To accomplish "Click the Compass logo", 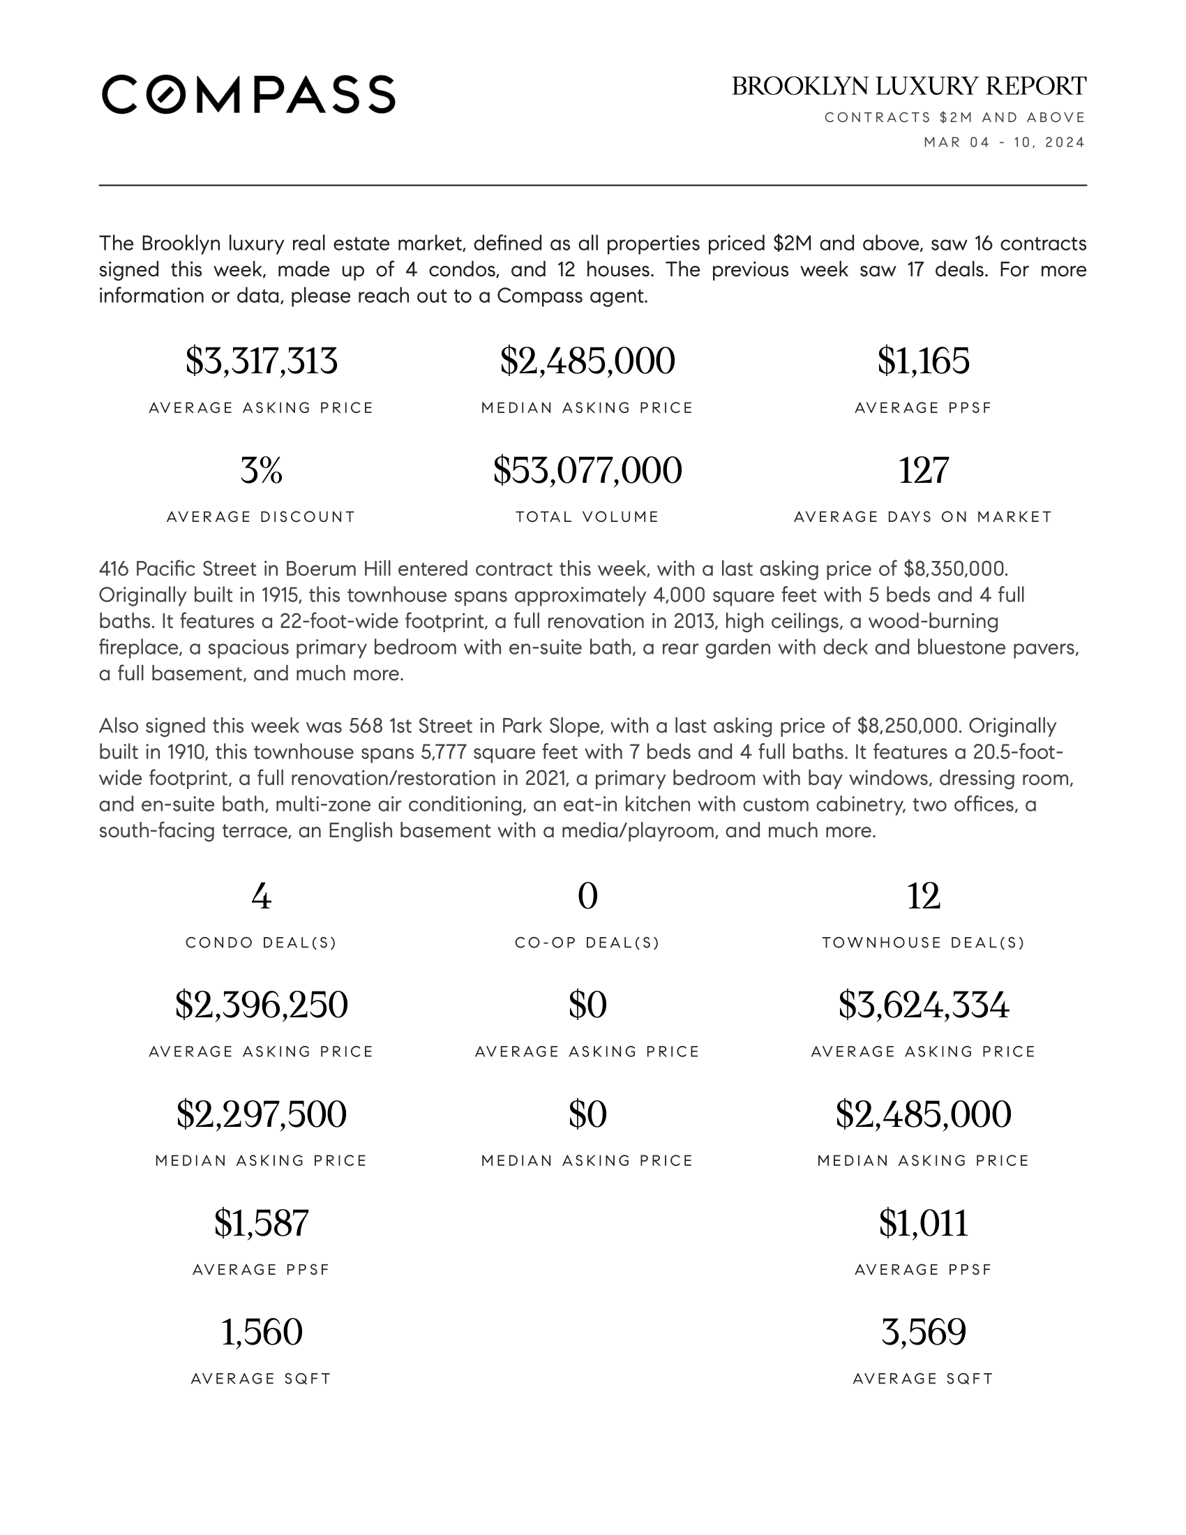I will click(x=248, y=94).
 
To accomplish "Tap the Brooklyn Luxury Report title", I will click(x=908, y=87).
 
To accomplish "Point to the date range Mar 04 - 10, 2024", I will click(x=1004, y=142).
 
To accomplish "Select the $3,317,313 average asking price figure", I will click(x=262, y=361).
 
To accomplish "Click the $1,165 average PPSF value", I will click(x=923, y=361).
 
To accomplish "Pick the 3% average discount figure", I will click(x=262, y=470).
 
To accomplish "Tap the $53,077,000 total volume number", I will click(x=587, y=470).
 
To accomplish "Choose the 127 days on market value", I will click(x=923, y=470).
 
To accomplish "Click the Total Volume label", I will click(x=587, y=517).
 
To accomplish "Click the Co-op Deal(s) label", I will click(x=587, y=943).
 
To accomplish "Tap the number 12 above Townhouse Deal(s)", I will click(x=923, y=897).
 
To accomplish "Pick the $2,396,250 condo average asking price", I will click(x=262, y=1005).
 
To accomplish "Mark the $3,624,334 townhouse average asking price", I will click(x=923, y=1005).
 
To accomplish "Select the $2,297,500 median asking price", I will click(x=262, y=1115).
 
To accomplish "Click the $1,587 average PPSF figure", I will click(x=262, y=1224).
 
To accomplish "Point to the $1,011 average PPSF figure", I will click(x=923, y=1224).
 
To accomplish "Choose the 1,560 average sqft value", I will click(x=262, y=1333).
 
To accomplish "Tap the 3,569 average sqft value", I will click(x=923, y=1333).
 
